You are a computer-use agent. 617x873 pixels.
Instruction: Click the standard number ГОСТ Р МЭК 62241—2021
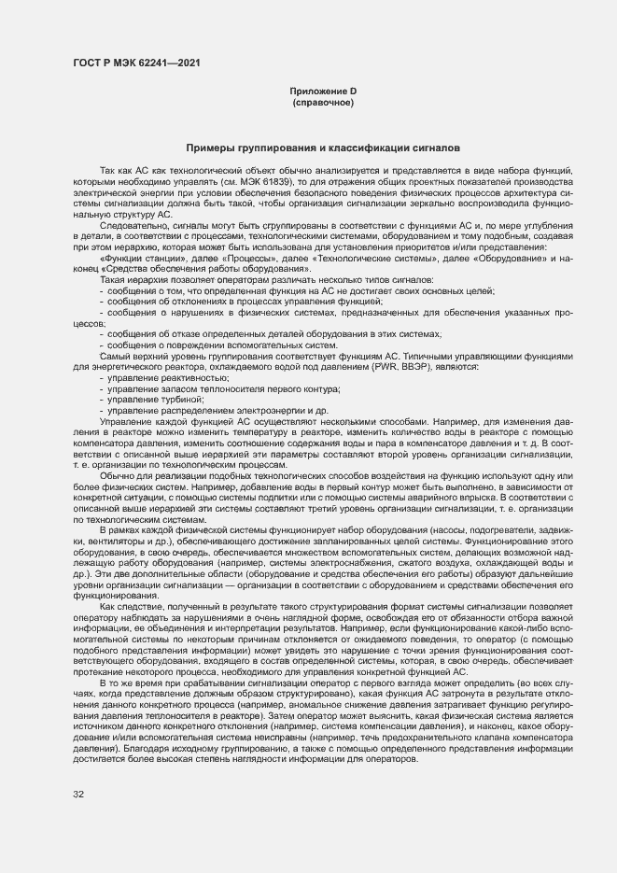(x=134, y=63)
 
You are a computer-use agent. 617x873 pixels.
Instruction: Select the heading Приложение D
(x=323, y=91)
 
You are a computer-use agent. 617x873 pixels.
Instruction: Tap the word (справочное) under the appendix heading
(x=323, y=102)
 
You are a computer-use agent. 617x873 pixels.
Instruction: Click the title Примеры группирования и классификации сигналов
(x=322, y=148)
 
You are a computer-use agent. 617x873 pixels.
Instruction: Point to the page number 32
(x=77, y=795)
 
